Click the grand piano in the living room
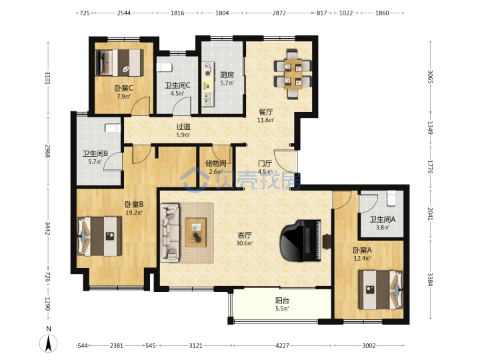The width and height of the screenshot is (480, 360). [301, 241]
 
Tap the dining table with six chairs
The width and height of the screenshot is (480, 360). [293, 74]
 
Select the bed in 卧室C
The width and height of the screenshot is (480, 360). [120, 63]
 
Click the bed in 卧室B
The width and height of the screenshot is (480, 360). [99, 236]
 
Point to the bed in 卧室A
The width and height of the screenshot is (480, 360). [381, 289]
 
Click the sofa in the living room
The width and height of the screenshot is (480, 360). [170, 233]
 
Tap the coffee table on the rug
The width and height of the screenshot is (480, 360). [195, 233]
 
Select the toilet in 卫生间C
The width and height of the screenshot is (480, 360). [164, 67]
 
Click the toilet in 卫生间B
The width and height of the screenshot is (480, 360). [113, 128]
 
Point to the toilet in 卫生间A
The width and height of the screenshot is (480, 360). [391, 199]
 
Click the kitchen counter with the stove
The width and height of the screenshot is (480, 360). [208, 84]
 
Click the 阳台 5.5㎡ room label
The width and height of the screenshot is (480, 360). [282, 304]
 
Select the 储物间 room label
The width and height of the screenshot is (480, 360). [216, 163]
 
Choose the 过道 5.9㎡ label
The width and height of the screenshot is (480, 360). [183, 131]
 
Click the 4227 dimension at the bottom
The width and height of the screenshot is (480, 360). [282, 345]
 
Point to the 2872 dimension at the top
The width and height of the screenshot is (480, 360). [279, 13]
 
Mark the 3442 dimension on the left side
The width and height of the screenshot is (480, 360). [47, 229]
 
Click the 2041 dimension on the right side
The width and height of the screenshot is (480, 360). [430, 214]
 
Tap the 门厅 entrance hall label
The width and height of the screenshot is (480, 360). [265, 163]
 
